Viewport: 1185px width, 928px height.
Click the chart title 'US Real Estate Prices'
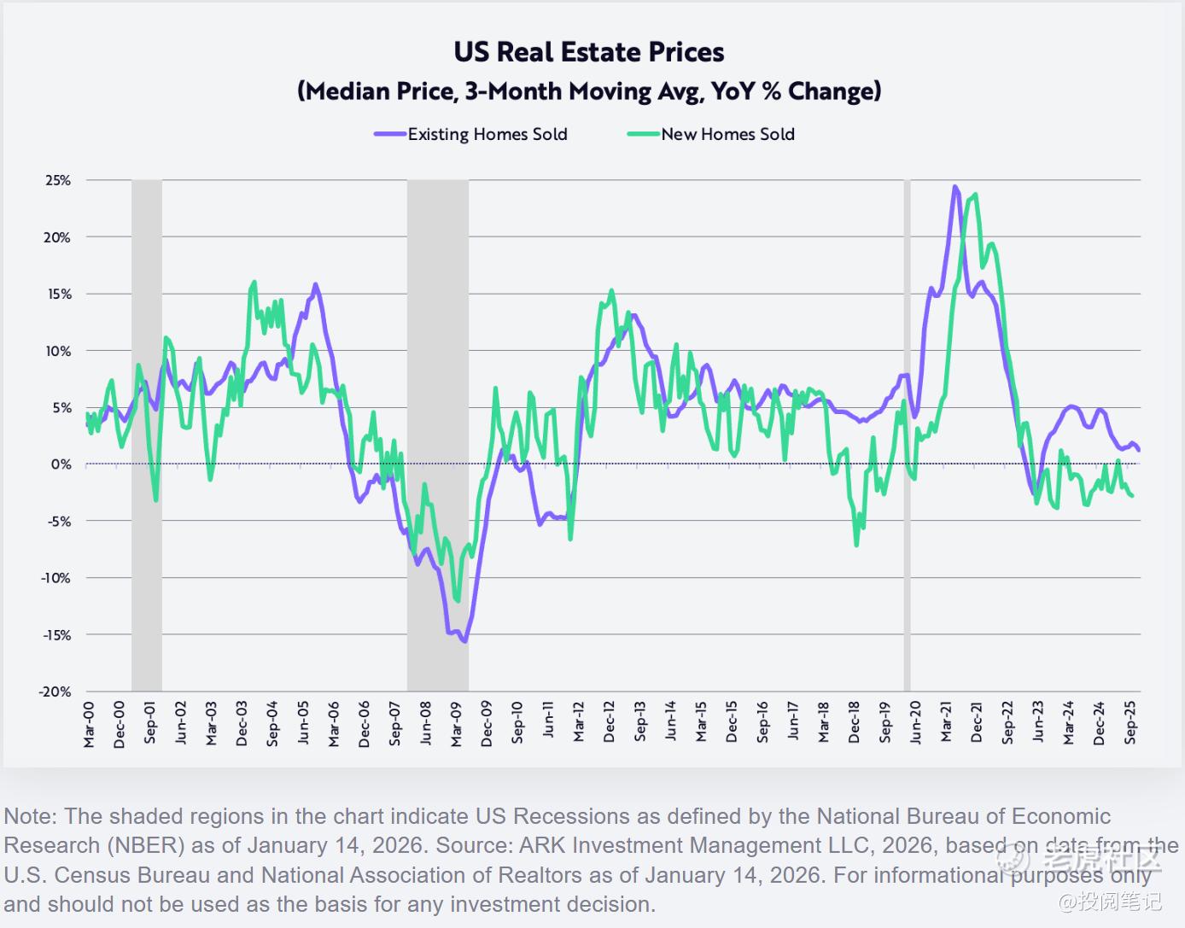588,52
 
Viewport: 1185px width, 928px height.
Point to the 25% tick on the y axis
58,181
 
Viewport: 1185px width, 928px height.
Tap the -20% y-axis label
55,692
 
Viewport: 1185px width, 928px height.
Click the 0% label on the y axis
61,464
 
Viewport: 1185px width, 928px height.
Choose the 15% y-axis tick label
58,295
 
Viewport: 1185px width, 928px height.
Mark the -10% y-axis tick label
55,578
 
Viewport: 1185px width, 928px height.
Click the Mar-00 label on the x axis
90,725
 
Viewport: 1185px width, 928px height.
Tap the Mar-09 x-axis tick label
457,725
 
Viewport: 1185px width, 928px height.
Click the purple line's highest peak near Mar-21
954,187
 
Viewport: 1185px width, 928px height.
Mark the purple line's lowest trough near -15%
464,641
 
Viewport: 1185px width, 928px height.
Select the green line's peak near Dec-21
976,195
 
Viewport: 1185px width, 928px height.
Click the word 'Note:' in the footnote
31,816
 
